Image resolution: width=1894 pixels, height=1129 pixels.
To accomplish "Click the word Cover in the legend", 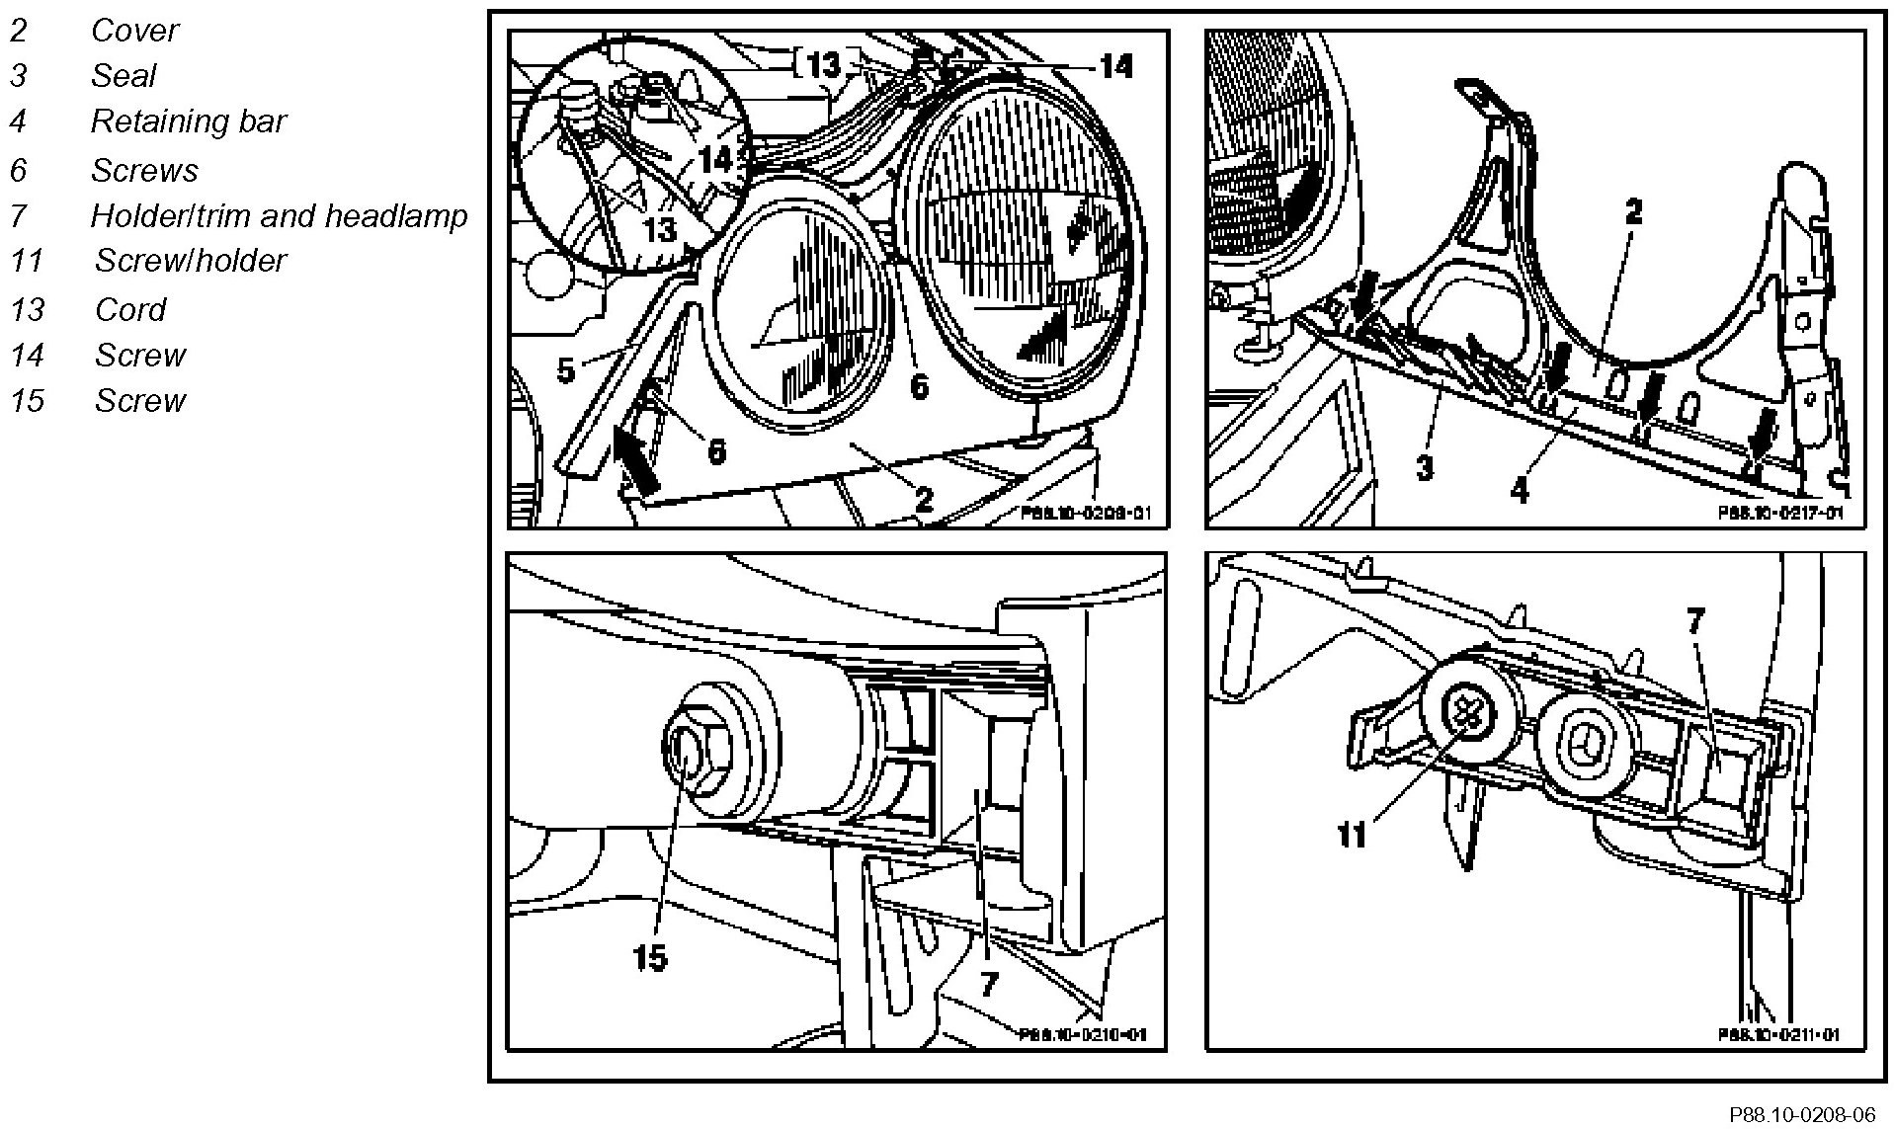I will pos(134,31).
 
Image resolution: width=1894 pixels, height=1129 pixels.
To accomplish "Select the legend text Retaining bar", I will pos(188,121).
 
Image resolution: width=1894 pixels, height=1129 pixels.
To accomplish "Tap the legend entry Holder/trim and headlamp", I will pos(278,215).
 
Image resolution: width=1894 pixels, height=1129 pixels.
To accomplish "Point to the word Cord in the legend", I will pos(130,310).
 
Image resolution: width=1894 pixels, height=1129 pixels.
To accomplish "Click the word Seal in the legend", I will pos(124,76).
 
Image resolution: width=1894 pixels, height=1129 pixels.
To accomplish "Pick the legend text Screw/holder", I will pos(190,261).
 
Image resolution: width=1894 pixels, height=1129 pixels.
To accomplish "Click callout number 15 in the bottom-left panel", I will pos(650,957).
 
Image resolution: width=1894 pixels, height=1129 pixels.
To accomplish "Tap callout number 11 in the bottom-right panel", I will pos(1351,836).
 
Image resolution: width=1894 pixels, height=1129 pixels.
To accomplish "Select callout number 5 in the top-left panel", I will pos(565,371).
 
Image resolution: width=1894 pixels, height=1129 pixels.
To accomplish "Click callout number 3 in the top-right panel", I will pos(1424,466).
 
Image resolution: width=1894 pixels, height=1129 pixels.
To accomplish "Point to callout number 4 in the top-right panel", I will pos(1520,489).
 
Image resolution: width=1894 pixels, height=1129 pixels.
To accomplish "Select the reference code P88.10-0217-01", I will pos(1779,514).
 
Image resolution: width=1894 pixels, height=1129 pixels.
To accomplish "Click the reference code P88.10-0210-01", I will pos(1083,1034).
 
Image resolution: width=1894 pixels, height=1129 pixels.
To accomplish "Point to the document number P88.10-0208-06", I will pos(1801,1115).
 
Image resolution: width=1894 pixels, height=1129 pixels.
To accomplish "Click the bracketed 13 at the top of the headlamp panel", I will pos(823,65).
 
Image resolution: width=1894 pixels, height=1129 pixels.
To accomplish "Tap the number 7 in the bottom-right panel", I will pos(1695,621).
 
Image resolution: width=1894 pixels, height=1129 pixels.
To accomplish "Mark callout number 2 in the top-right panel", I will pos(1633,212).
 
